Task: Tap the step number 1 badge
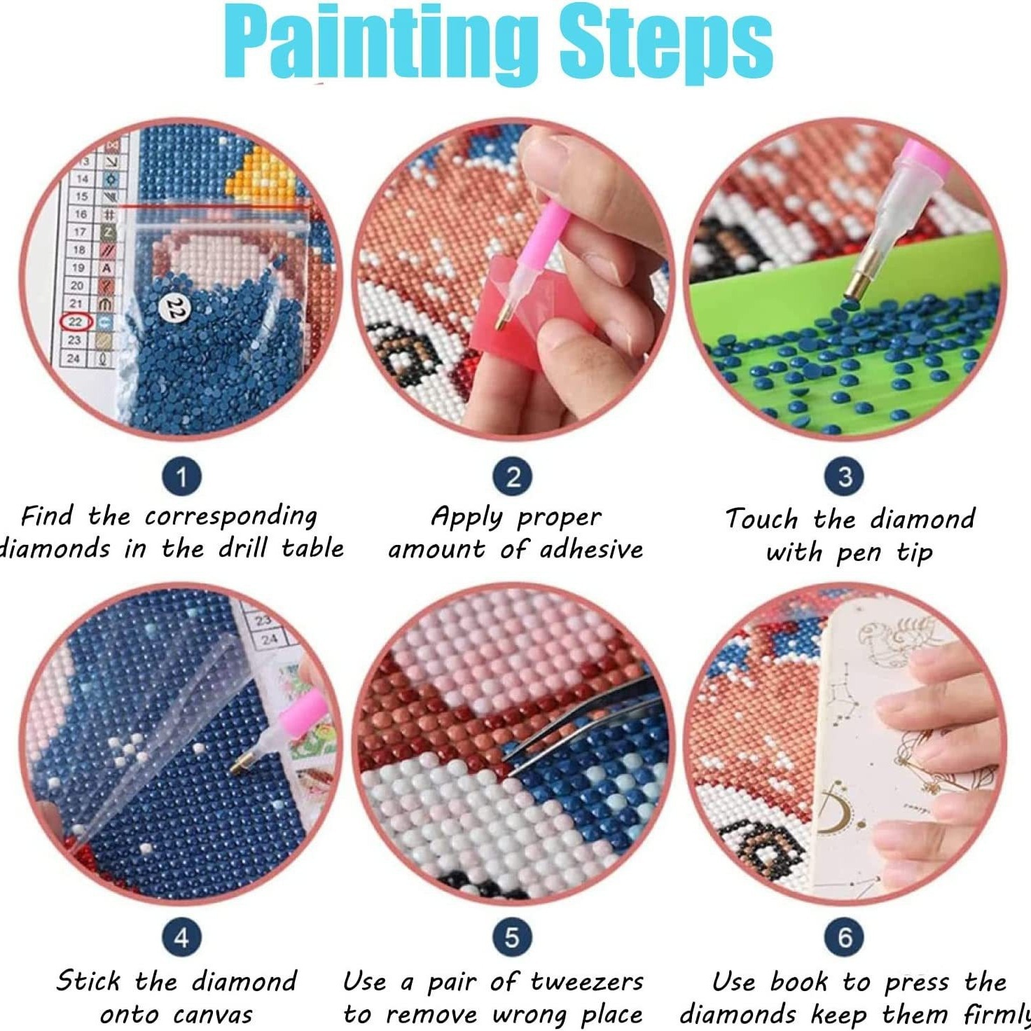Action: tap(182, 477)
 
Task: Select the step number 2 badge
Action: tap(513, 477)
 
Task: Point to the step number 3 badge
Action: tap(845, 477)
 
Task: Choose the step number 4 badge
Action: tap(182, 937)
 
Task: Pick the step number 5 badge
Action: tap(513, 937)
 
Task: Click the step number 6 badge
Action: tap(845, 937)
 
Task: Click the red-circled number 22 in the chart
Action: tap(76, 322)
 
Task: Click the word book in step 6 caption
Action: tap(799, 982)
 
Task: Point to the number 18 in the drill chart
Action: tap(79, 249)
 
